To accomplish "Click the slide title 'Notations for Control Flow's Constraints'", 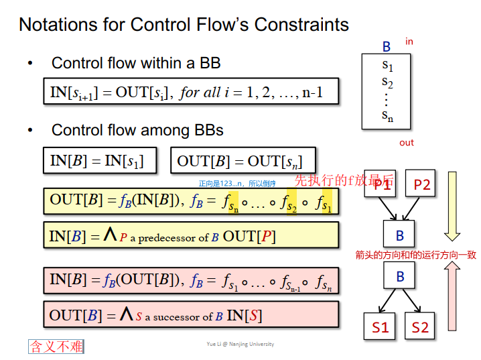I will [184, 25].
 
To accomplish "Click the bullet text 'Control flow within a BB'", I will [136, 64].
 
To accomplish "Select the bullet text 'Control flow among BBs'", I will [137, 130].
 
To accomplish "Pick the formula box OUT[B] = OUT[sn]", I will [243, 161].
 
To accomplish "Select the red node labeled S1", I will [381, 327].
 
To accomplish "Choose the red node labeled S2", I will [420, 327].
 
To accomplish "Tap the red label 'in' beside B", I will [409, 42].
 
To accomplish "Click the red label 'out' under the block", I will [407, 142].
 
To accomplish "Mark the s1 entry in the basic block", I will [387, 66].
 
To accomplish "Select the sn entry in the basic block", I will [387, 115].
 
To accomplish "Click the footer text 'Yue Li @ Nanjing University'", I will [240, 344].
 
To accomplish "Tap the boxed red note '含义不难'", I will [56, 347].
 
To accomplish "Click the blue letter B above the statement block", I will [387, 47].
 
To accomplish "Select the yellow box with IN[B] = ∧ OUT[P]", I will [191, 236].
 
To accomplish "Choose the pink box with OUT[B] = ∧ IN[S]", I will [191, 314].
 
